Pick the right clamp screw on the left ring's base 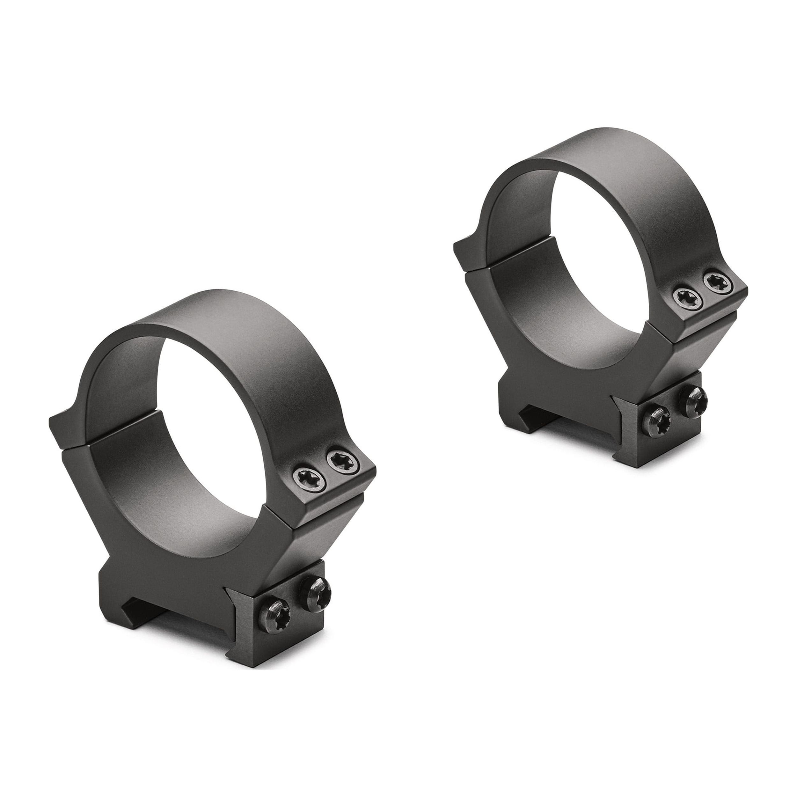[x=315, y=592]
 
